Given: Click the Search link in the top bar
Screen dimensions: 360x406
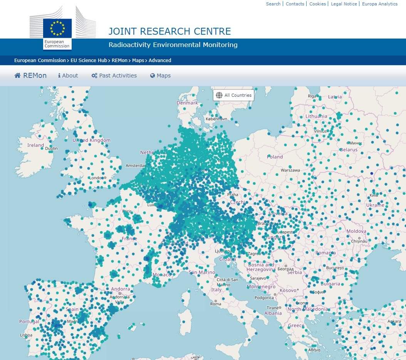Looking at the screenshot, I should point(273,4).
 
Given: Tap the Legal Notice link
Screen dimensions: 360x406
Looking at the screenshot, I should point(344,4).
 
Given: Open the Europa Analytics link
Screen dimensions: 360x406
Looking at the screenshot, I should point(379,4).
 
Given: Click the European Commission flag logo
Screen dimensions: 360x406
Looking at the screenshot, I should point(57,29).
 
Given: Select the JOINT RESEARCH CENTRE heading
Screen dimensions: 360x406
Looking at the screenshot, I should point(169,31).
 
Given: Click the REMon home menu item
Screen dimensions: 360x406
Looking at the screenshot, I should point(30,76).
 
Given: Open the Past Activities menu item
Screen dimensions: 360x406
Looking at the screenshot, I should point(114,76).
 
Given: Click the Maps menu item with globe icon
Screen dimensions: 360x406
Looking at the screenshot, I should point(160,76).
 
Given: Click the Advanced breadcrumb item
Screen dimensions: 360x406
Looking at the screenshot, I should point(160,61).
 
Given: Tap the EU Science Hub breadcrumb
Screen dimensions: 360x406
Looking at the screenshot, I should point(89,61).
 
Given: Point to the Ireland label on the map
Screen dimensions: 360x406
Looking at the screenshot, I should point(35,145).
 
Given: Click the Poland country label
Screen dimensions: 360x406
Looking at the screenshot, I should point(275,157).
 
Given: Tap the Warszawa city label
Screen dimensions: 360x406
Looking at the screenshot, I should point(290,170).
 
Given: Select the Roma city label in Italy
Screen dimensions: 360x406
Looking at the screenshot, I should point(216,304).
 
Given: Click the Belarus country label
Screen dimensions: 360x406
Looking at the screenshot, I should point(348,150).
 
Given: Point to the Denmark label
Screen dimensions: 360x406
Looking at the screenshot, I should point(187,103).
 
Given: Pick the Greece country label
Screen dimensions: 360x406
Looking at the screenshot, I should point(296,326).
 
